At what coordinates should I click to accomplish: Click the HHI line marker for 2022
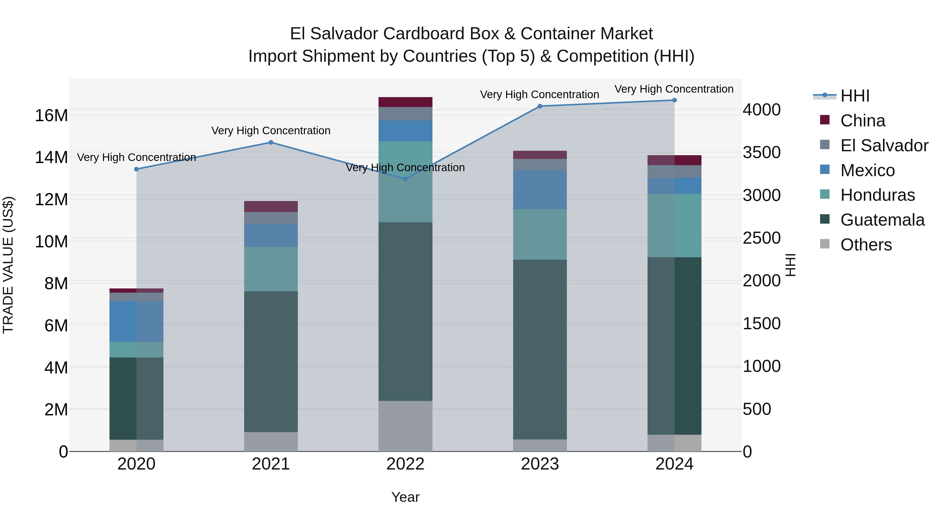pyautogui.click(x=405, y=179)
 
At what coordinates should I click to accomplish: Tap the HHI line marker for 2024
pyautogui.click(x=674, y=100)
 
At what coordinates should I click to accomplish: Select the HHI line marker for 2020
pyautogui.click(x=136, y=169)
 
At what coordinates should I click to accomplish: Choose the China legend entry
pyautogui.click(x=863, y=121)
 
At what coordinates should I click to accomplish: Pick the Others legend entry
pyautogui.click(x=866, y=245)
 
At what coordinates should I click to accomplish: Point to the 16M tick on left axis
pyautogui.click(x=51, y=116)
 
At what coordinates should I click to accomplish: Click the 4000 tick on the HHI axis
pyautogui.click(x=761, y=110)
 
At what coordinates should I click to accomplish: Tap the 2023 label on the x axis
pyautogui.click(x=540, y=464)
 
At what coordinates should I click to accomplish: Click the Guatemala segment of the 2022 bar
pyautogui.click(x=405, y=311)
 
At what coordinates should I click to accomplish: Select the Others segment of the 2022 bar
pyautogui.click(x=405, y=426)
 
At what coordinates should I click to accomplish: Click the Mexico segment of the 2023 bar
pyautogui.click(x=540, y=189)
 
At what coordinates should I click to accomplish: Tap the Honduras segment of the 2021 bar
pyautogui.click(x=271, y=269)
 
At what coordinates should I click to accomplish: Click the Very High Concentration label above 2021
pyautogui.click(x=271, y=131)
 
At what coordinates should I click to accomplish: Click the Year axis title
pyautogui.click(x=405, y=497)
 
